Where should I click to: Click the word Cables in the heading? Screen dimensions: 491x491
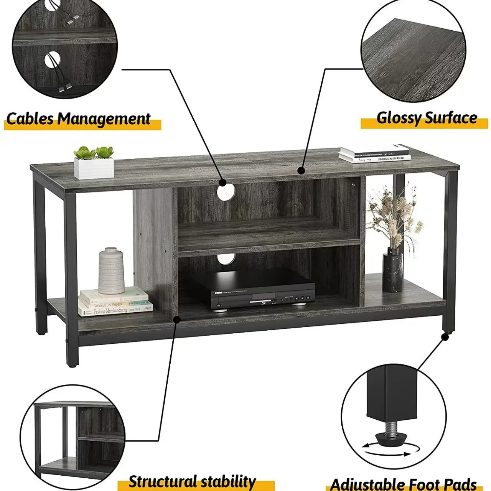pos(30,119)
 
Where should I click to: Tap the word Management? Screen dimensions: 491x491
pos(104,119)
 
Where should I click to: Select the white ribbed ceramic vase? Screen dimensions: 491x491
pos(111,270)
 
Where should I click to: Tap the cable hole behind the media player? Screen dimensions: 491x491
pos(226,259)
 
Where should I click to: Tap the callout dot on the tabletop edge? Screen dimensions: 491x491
pos(301,170)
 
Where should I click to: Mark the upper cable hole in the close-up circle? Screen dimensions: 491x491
pos(52,4)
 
